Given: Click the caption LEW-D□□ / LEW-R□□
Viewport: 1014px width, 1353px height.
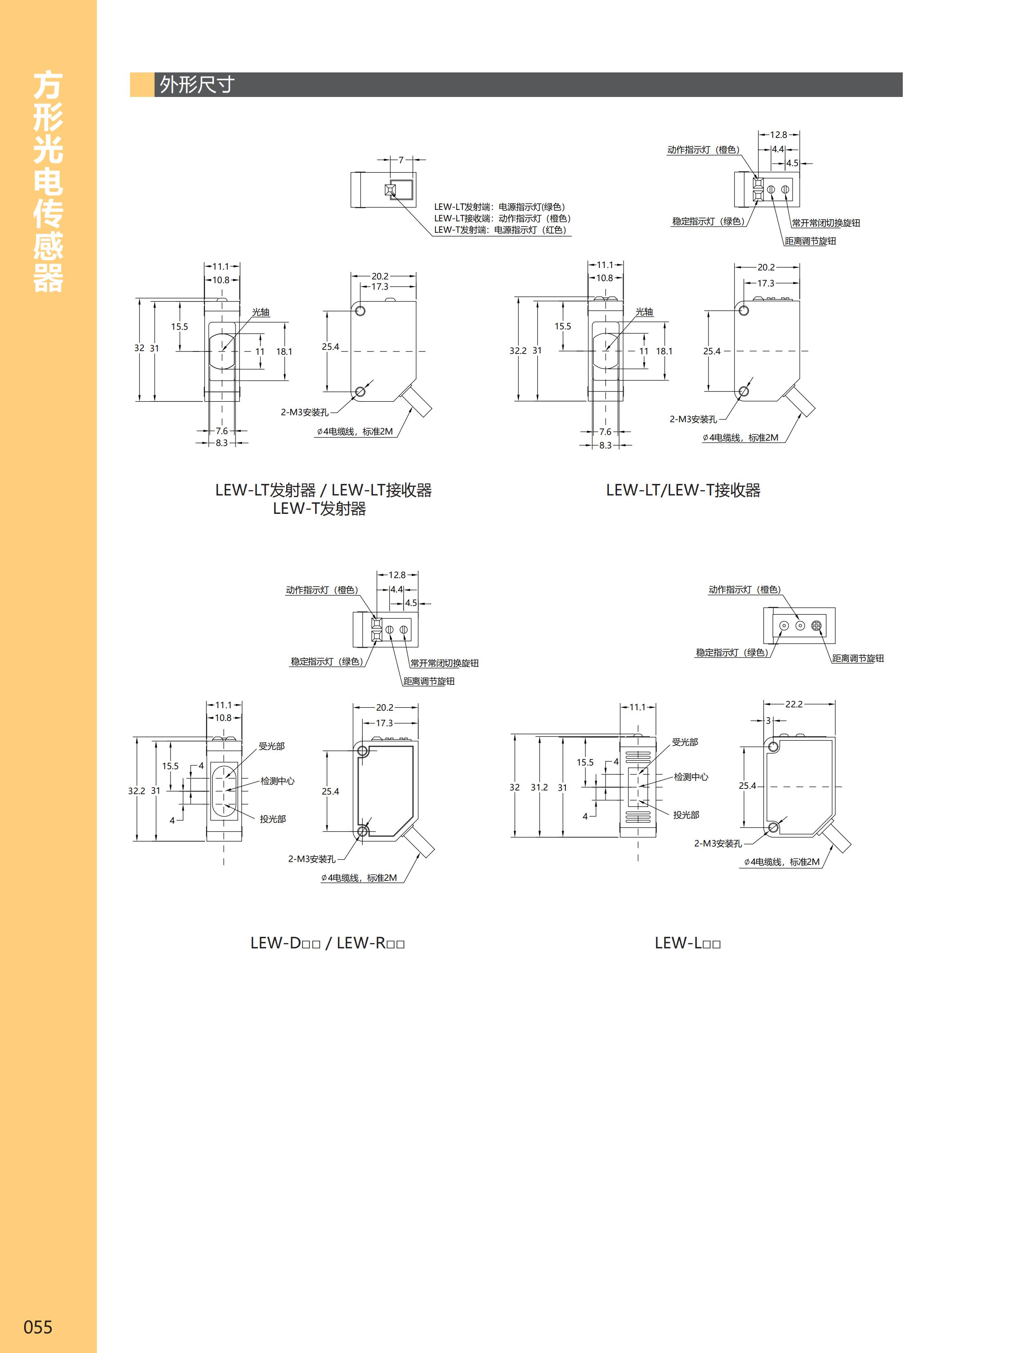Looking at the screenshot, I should click(327, 943).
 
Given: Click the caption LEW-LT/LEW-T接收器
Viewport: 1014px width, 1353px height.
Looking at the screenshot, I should click(683, 490).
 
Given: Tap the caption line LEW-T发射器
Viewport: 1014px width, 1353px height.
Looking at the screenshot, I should click(319, 509).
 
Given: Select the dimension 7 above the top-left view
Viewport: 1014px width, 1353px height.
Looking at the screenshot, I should click(401, 160).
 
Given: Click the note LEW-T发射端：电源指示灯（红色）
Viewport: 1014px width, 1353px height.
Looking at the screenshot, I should click(500, 230).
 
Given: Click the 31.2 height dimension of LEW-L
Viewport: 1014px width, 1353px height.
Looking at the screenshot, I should click(538, 787).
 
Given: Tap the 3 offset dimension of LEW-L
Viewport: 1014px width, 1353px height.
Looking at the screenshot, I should click(768, 720).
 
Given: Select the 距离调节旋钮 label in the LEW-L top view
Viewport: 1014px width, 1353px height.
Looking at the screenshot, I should click(857, 658).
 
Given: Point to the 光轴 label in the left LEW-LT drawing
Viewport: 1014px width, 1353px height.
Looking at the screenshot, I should click(260, 312).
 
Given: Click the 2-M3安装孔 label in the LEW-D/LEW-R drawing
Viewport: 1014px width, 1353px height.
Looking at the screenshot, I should click(312, 859).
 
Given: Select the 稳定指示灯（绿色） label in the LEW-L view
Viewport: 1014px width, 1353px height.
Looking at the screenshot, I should click(731, 653).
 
